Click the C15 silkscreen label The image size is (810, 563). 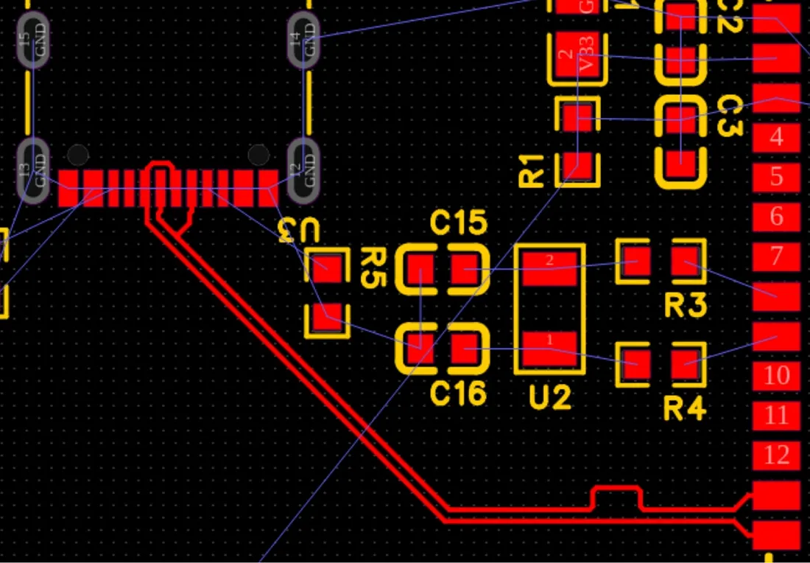point(458,222)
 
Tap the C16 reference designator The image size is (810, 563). point(458,393)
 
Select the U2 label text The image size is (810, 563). point(550,399)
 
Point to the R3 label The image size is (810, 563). point(685,304)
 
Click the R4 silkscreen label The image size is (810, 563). point(685,408)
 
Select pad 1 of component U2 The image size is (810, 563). point(549,340)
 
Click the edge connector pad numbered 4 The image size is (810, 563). point(776,137)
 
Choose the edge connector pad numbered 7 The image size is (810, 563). point(776,256)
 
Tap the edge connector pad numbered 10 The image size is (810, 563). point(776,376)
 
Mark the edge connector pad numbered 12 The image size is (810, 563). point(776,455)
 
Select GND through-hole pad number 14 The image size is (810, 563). point(303,40)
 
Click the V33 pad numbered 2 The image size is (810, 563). point(578,57)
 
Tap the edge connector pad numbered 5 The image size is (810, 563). point(776,177)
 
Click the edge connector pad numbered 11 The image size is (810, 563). point(776,416)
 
